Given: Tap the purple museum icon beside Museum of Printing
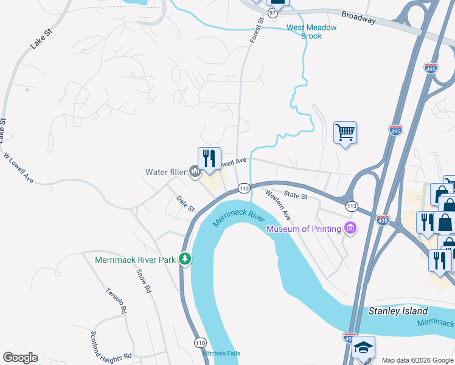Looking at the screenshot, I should (x=350, y=229).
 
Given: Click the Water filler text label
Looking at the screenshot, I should (x=165, y=172).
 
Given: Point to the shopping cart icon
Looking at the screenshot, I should (x=345, y=131).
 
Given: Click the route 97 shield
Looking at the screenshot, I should (x=273, y=13).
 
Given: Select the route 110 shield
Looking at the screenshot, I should (x=200, y=344).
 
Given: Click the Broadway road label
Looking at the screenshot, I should (x=358, y=18).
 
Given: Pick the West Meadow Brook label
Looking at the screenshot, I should (x=311, y=32).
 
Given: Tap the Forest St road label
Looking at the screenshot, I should (x=257, y=29).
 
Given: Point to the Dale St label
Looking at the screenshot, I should (x=186, y=204).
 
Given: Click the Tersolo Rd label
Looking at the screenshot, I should (x=116, y=301).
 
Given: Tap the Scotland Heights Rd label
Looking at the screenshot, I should (x=111, y=346).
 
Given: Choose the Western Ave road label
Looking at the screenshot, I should (x=278, y=205).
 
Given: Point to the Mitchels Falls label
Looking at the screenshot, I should (x=221, y=353).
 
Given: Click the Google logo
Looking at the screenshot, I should (x=20, y=358).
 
